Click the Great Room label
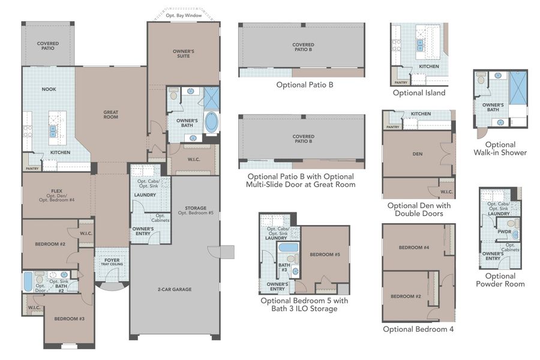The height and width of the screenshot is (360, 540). pos(110,114)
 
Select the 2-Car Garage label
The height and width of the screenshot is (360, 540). pos(175,289)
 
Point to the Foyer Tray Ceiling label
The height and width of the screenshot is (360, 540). pos(111,262)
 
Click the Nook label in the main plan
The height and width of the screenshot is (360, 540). pos(49,89)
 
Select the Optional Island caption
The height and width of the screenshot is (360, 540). pos(419,93)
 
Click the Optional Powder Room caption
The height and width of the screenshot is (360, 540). pos(500,280)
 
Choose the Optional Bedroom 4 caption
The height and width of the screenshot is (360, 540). pos(418,329)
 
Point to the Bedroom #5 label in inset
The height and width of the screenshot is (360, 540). pos(325,254)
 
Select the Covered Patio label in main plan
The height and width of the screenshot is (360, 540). pos(47,46)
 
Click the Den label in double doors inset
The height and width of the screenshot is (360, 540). pos(418,154)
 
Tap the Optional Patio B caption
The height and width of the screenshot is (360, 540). pos(304,85)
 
